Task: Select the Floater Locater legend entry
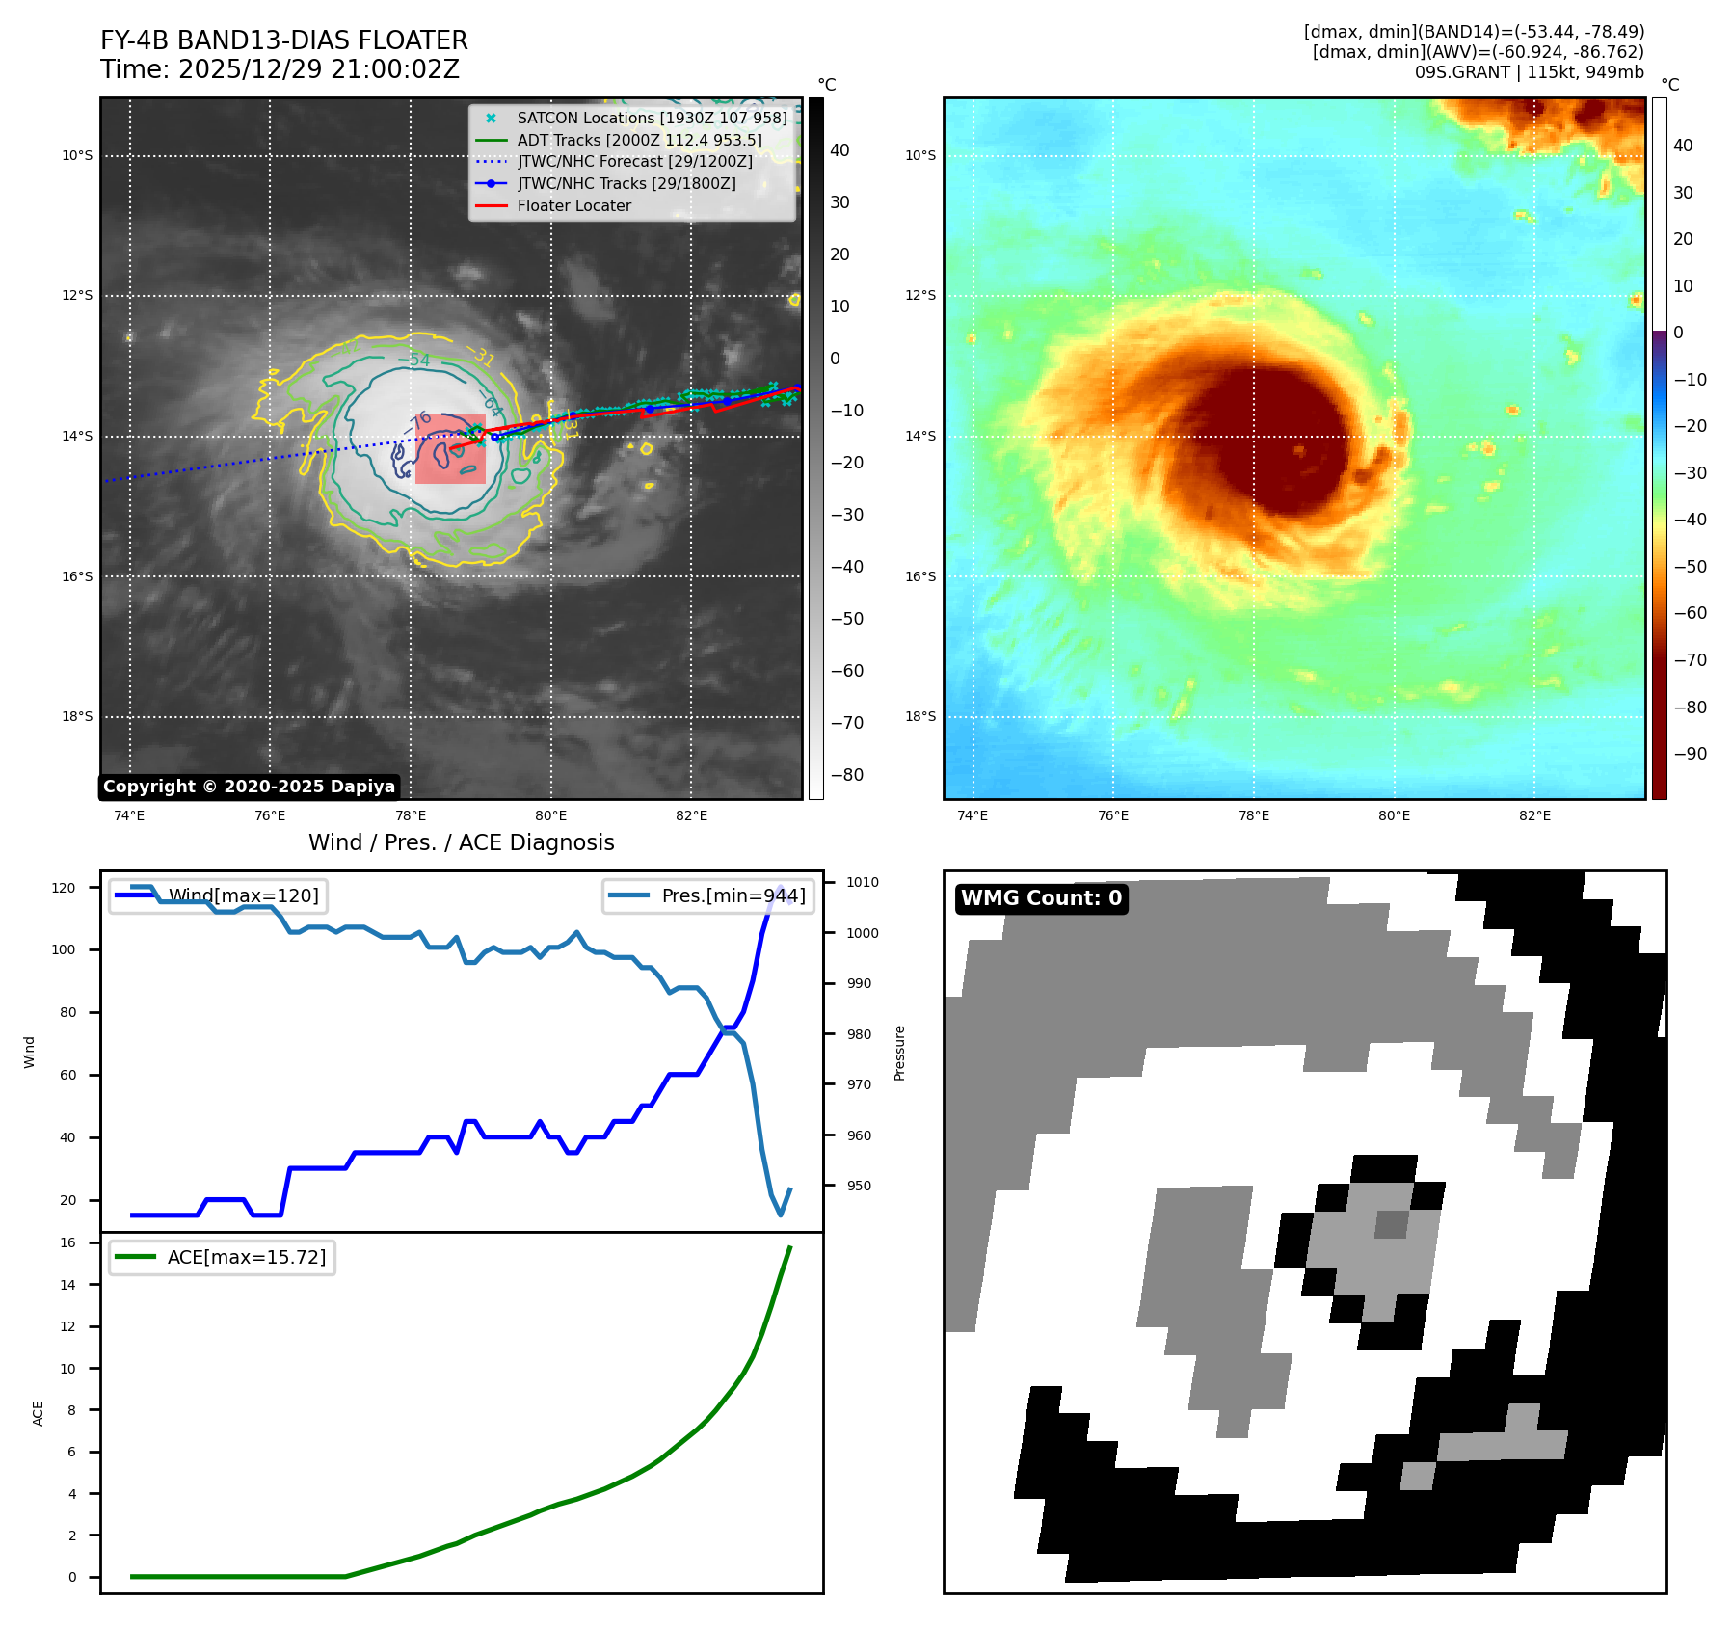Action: pos(573,205)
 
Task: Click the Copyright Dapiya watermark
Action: pos(249,787)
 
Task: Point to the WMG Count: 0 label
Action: pos(1041,898)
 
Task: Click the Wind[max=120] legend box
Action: pos(218,895)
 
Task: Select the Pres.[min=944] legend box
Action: pos(707,895)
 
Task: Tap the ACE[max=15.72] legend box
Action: pos(222,1257)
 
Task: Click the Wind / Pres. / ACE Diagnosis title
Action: pos(461,842)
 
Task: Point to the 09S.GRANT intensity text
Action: pos(1529,72)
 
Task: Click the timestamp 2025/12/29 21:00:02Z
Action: pos(318,70)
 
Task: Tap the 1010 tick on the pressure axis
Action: pos(863,882)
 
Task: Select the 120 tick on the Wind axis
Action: pos(64,888)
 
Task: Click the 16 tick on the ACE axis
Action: pos(68,1242)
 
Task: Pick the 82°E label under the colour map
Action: pos(1534,815)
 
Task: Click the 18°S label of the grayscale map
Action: pos(77,716)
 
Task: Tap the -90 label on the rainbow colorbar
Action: pos(1690,754)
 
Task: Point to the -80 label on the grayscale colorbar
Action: pos(847,775)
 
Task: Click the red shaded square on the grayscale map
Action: pos(450,448)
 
